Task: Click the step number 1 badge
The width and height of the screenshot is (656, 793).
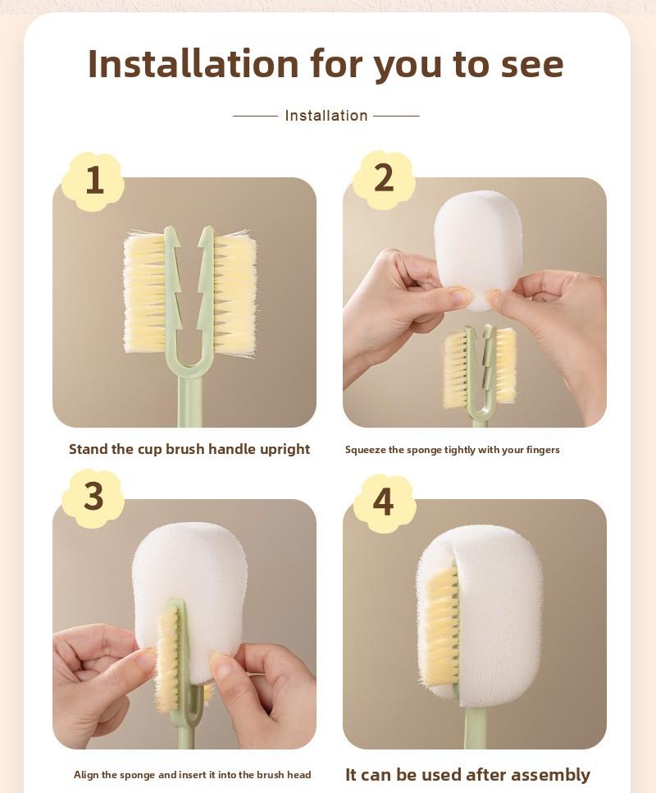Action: (x=93, y=181)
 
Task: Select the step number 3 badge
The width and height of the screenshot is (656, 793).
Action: (x=93, y=497)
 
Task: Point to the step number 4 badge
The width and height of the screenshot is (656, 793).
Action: (x=383, y=502)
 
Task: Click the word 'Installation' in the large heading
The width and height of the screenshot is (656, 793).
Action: (x=193, y=64)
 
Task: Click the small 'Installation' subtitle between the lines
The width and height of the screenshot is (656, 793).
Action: (x=326, y=116)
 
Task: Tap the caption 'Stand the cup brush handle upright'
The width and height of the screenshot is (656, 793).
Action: (x=189, y=449)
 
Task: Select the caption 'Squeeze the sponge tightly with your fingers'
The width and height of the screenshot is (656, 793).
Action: (x=452, y=450)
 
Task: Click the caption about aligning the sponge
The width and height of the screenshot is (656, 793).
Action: (x=192, y=775)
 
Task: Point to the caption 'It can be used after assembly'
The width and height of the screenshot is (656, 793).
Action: (x=467, y=775)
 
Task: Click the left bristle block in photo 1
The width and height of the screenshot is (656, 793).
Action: (x=145, y=293)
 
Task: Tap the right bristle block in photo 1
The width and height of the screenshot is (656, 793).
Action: (x=235, y=293)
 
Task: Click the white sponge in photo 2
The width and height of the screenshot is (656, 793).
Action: (x=477, y=242)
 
